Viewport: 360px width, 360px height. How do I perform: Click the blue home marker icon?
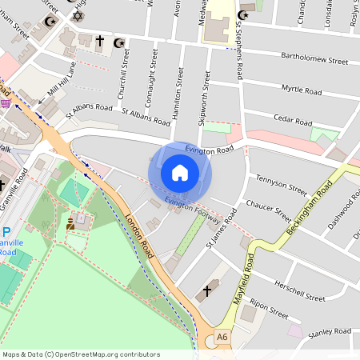(180, 173)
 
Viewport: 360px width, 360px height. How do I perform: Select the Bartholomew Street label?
(314, 59)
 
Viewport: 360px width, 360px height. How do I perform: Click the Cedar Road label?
(292, 122)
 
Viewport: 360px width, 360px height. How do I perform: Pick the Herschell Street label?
(299, 295)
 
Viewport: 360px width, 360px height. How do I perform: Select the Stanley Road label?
(330, 331)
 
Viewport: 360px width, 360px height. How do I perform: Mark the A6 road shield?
(222, 339)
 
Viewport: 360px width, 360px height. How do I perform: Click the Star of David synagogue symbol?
(78, 17)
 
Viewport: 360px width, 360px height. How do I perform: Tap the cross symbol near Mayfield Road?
(208, 290)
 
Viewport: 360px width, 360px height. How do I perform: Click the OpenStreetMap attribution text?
(81, 354)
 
